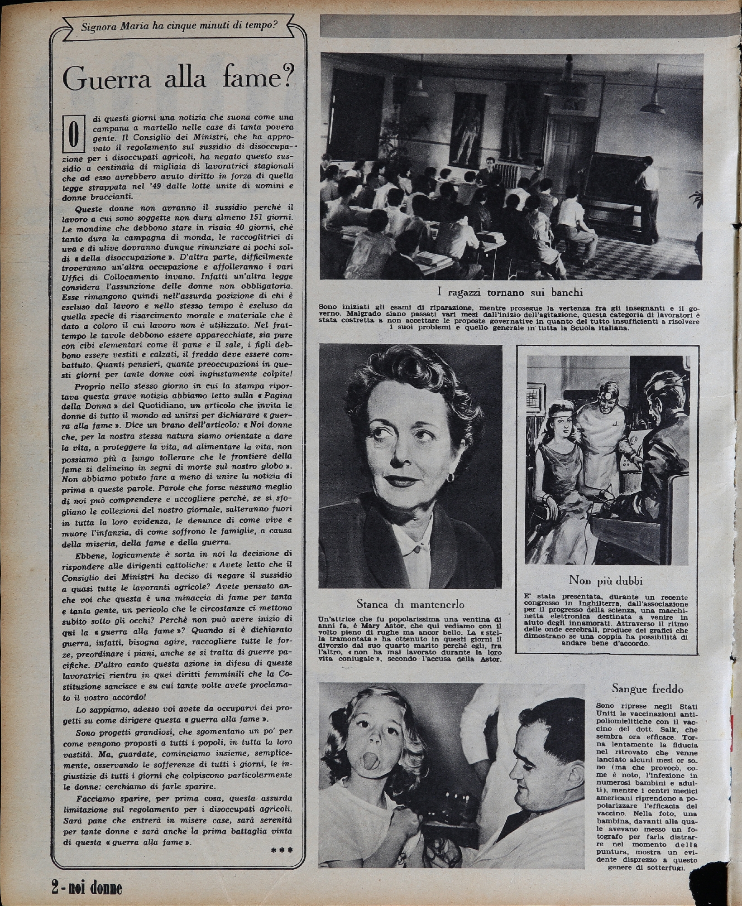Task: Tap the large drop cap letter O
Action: point(74,135)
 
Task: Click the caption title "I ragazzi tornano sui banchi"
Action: point(510,292)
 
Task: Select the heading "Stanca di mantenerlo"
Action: point(410,604)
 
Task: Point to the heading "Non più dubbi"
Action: point(606,580)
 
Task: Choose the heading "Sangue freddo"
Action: point(647,689)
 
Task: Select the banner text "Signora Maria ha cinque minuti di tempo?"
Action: point(179,25)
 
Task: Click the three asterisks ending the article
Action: point(281,850)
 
